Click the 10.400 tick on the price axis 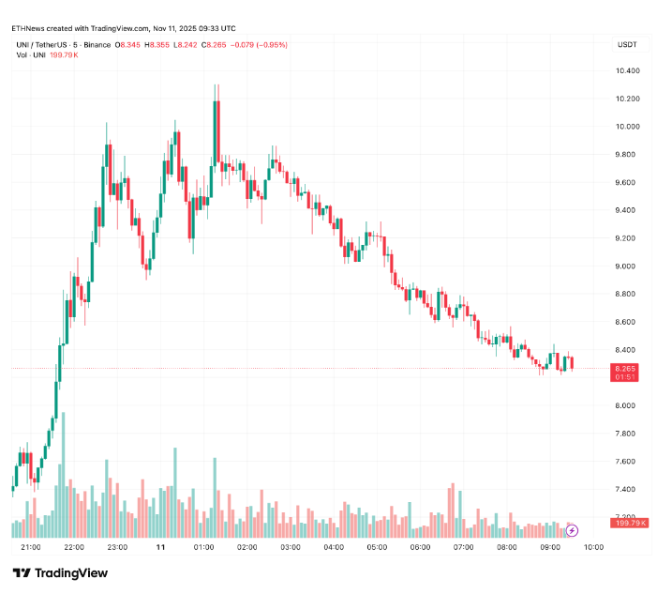point(627,71)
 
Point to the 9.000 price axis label point(627,267)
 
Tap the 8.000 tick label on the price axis point(627,406)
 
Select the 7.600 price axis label point(627,462)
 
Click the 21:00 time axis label point(30,547)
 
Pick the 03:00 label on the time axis point(291,547)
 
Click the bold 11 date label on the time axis point(160,547)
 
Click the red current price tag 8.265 point(626,369)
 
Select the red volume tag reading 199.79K point(631,523)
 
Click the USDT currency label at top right point(626,45)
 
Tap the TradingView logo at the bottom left point(60,572)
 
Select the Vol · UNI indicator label point(31,55)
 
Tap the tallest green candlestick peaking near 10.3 point(216,131)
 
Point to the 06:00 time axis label point(421,547)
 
